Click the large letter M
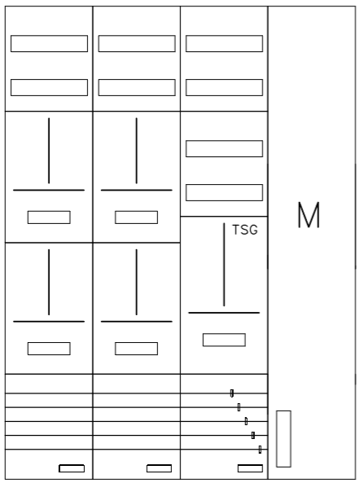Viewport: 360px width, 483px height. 309,215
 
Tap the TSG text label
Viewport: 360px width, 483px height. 245,230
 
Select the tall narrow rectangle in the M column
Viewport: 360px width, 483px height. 283,439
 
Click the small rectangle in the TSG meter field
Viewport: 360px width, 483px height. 224,340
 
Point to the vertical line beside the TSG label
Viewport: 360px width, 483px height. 224,265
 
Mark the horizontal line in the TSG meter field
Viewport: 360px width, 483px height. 224,313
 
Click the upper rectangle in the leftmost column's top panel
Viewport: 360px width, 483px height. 49,43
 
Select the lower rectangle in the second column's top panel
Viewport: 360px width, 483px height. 137,87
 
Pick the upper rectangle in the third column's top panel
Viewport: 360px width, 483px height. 224,43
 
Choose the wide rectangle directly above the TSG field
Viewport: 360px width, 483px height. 224,192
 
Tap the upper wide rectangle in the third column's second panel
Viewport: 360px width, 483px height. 224,148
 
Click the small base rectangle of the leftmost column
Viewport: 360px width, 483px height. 72,468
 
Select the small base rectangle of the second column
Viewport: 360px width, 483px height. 159,468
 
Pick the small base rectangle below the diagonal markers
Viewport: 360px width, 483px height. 250,468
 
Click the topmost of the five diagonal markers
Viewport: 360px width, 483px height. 232,393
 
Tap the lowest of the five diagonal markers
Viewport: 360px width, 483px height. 260,450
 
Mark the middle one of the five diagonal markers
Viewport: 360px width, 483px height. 246,421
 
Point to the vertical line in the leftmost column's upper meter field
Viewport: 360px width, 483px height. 49,151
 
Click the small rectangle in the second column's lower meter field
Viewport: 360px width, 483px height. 136,349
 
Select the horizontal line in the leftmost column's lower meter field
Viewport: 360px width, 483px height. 49,322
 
